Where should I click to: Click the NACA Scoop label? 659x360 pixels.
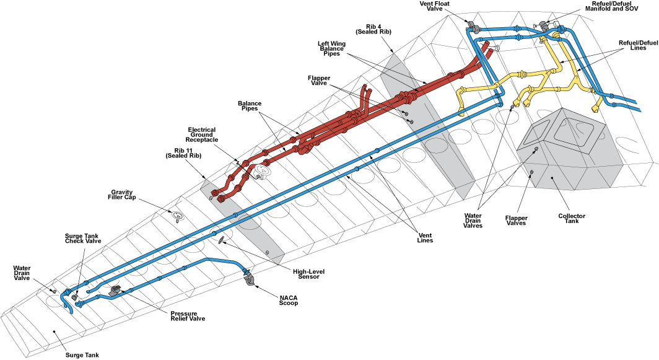pyautogui.click(x=289, y=301)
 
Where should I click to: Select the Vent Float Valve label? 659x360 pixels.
pyautogui.click(x=435, y=6)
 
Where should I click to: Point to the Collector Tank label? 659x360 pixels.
pyautogui.click(x=572, y=218)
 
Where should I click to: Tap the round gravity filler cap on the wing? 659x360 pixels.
pyautogui.click(x=178, y=216)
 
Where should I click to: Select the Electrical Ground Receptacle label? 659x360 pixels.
pyautogui.click(x=202, y=134)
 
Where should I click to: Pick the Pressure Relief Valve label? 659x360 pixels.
pyautogui.click(x=188, y=316)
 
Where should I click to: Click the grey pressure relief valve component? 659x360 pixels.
pyautogui.click(x=115, y=291)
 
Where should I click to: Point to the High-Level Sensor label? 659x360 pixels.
pyautogui.click(x=309, y=274)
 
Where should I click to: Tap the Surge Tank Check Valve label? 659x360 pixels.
pyautogui.click(x=83, y=238)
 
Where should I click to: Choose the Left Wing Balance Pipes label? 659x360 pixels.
pyautogui.click(x=331, y=48)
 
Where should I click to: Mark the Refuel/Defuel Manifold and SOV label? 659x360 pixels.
pyautogui.click(x=611, y=6)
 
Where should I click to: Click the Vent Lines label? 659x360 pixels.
pyautogui.click(x=425, y=237)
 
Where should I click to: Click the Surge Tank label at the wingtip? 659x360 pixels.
pyautogui.click(x=82, y=355)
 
